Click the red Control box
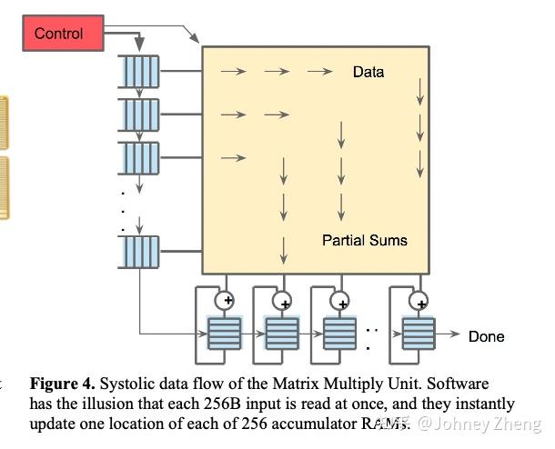point(59,34)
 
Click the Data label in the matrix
point(368,72)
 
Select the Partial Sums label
point(365,241)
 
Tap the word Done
point(486,336)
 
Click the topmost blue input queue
point(139,68)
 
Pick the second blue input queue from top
point(139,113)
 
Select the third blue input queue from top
point(139,157)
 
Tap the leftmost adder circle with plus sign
point(223,299)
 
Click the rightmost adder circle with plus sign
point(419,299)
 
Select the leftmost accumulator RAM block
point(225,334)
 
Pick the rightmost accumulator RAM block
point(419,334)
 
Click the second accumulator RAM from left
point(281,334)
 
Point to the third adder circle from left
point(340,299)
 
